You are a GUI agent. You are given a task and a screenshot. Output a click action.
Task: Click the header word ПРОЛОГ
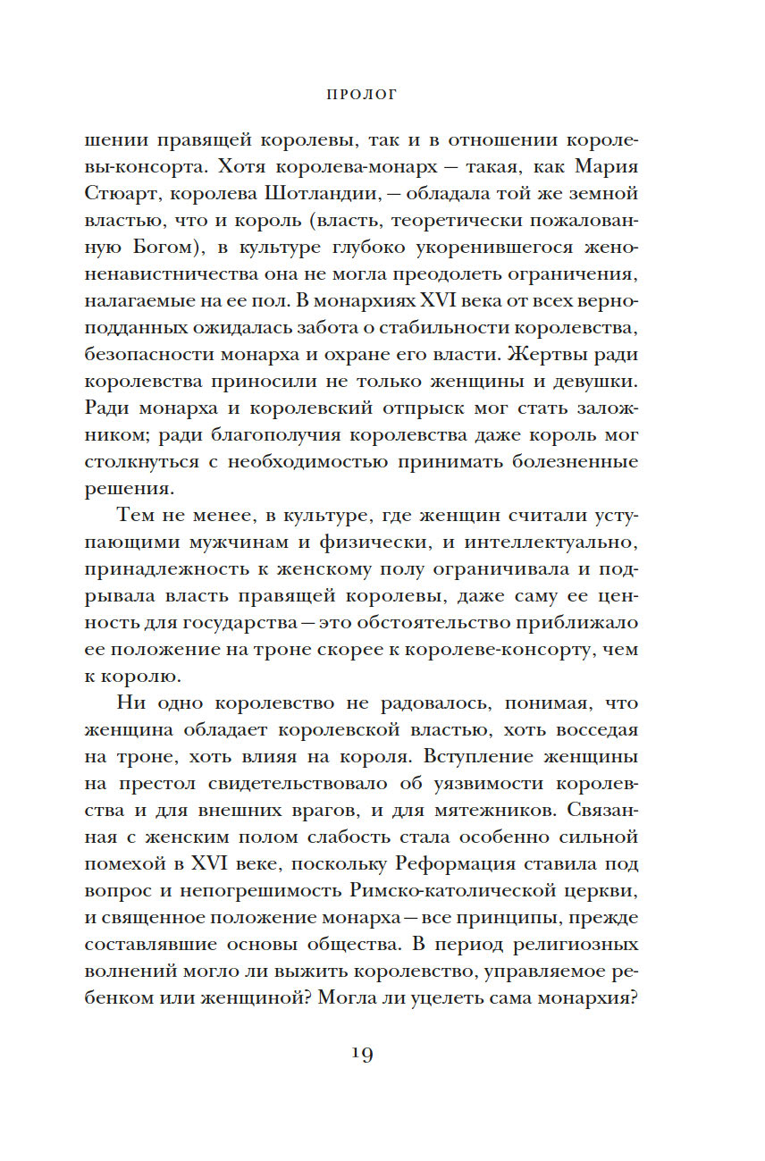(361, 93)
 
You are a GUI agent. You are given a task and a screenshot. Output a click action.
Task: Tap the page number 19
(361, 1053)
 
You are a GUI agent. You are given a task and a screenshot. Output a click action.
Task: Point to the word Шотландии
(315, 193)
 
